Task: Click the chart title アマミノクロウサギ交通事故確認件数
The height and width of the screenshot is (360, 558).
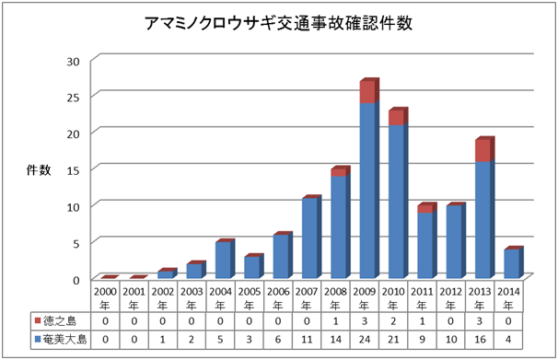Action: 278,26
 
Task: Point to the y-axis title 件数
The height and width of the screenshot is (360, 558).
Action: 38,169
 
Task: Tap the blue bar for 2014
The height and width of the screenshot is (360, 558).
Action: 512,263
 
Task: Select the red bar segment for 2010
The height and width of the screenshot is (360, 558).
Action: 396,117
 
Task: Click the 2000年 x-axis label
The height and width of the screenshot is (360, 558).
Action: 108,296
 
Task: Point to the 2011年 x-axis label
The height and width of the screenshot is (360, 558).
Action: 424,296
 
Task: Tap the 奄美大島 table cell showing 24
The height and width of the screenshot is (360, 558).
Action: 366,341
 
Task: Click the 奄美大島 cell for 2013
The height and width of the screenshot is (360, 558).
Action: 482,341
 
